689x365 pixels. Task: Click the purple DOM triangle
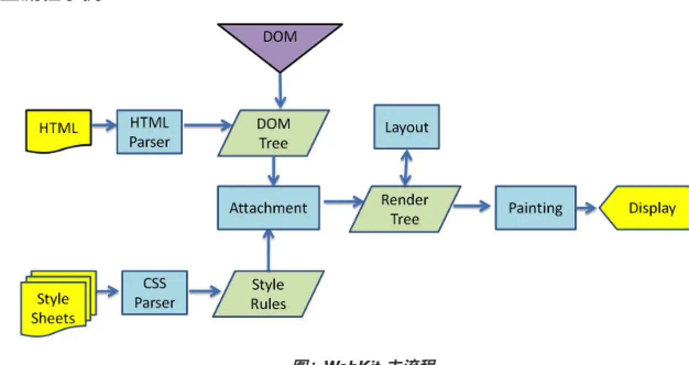coord(280,41)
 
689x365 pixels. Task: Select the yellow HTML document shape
coord(58,129)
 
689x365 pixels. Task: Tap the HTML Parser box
coord(149,132)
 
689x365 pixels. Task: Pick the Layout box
coord(407,127)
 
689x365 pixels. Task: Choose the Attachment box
coord(268,208)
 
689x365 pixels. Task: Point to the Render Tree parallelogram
coord(404,209)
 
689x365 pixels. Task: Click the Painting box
coord(535,208)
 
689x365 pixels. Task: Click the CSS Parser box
coord(155,293)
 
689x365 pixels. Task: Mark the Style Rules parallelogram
coord(268,294)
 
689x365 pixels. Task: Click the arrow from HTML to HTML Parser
coord(104,126)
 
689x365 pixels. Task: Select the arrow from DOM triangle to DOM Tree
coord(280,91)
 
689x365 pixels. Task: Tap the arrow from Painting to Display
coord(587,208)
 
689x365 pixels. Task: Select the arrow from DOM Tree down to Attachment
coord(274,171)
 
